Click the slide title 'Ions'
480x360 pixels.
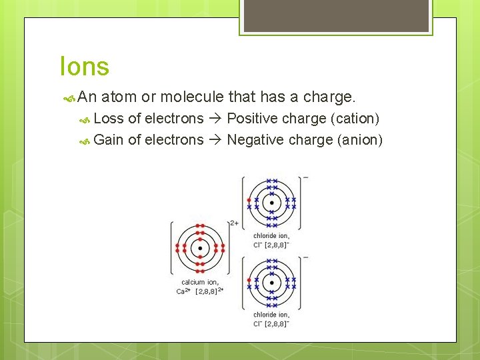(84, 67)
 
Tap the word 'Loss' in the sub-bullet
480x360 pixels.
(109, 119)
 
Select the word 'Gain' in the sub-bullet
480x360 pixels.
(109, 139)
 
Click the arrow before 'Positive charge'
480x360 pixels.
(215, 119)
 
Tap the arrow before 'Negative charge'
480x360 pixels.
(215, 139)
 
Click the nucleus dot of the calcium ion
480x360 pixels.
(200, 249)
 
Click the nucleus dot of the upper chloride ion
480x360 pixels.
(271, 203)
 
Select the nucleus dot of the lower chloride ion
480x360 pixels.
(271, 282)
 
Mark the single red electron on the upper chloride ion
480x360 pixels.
(249, 199)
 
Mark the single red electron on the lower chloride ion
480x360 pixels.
(249, 279)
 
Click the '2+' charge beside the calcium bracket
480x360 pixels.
(234, 223)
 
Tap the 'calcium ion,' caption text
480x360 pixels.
(200, 282)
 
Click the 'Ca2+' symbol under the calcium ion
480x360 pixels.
(183, 291)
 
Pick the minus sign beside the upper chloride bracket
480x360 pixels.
(305, 178)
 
